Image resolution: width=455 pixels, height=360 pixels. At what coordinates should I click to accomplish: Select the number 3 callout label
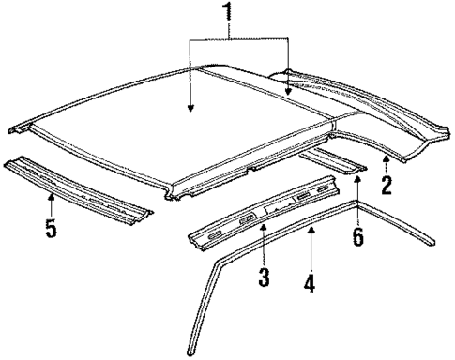[x=265, y=277]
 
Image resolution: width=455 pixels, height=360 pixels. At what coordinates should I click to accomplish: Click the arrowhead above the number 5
[x=51, y=193]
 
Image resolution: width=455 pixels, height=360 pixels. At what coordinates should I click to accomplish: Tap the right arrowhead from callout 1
[x=287, y=93]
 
